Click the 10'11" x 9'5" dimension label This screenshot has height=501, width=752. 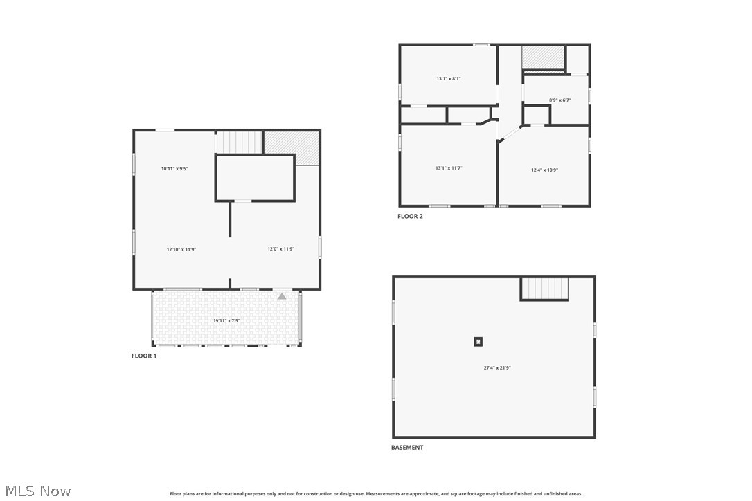[174, 169]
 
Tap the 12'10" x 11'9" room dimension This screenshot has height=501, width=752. [181, 249]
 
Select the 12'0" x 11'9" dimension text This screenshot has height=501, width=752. [281, 249]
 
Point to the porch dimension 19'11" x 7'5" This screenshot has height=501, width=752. [226, 321]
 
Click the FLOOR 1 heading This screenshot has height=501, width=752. [144, 356]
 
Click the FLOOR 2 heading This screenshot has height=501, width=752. [410, 216]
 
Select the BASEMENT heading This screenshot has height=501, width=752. [407, 448]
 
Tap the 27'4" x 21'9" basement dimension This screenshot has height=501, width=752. [497, 368]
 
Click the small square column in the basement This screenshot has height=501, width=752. [478, 341]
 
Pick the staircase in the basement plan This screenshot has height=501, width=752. [544, 289]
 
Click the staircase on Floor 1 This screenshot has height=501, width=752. [240, 143]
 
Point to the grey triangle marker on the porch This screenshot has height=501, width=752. [282, 296]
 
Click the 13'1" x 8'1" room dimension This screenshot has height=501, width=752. [449, 79]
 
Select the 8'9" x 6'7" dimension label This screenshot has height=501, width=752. [560, 100]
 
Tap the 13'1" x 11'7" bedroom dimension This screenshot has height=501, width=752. [449, 168]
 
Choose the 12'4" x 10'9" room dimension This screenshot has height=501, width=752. [545, 170]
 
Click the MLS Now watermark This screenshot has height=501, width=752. [36, 491]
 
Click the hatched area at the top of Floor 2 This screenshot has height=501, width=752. [544, 58]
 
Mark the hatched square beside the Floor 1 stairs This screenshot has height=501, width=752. [291, 147]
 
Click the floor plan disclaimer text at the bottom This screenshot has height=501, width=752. [376, 494]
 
